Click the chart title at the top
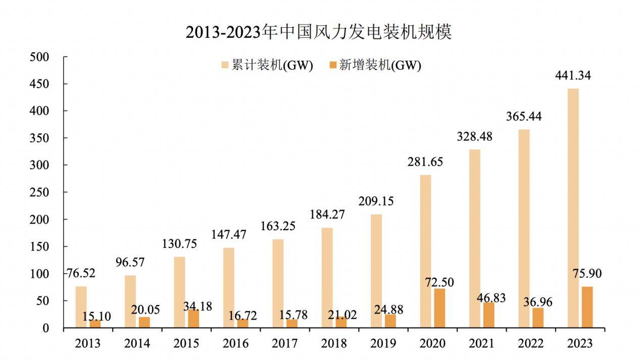pos(318,32)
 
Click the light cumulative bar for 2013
pos(81,307)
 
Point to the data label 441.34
pos(573,76)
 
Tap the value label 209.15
pos(376,201)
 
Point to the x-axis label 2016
pos(235,344)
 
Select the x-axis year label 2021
pos(481,344)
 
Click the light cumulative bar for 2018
pos(327,278)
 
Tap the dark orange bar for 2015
pos(193,319)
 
